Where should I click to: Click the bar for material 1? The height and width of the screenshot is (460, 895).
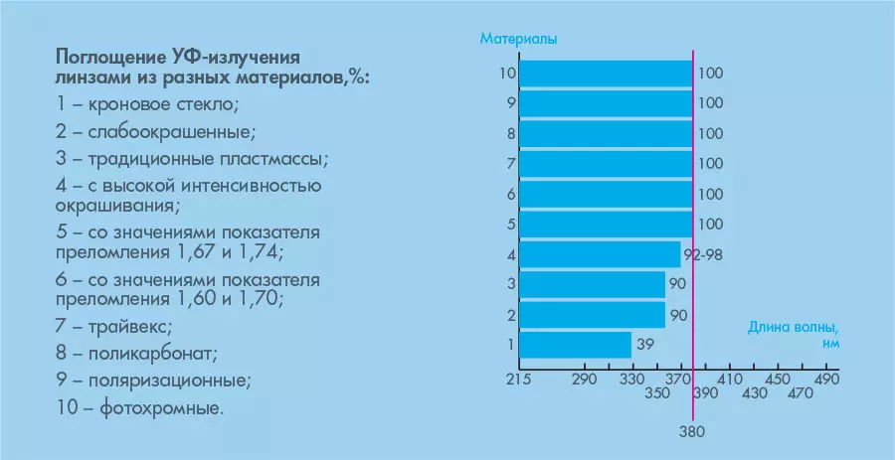(575, 345)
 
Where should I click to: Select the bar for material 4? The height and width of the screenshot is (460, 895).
(600, 254)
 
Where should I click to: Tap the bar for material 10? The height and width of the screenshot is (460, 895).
(606, 74)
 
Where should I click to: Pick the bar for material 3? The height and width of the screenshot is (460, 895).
(592, 285)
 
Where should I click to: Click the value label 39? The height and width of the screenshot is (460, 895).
(645, 345)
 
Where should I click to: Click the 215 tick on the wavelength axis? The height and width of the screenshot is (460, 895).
(519, 380)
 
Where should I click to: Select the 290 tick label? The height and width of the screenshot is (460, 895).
(584, 380)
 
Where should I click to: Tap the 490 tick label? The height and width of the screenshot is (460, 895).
(827, 380)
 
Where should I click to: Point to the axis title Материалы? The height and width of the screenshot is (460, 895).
(518, 40)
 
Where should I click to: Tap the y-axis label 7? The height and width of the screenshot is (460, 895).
(510, 164)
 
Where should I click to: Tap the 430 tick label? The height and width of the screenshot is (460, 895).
(755, 394)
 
